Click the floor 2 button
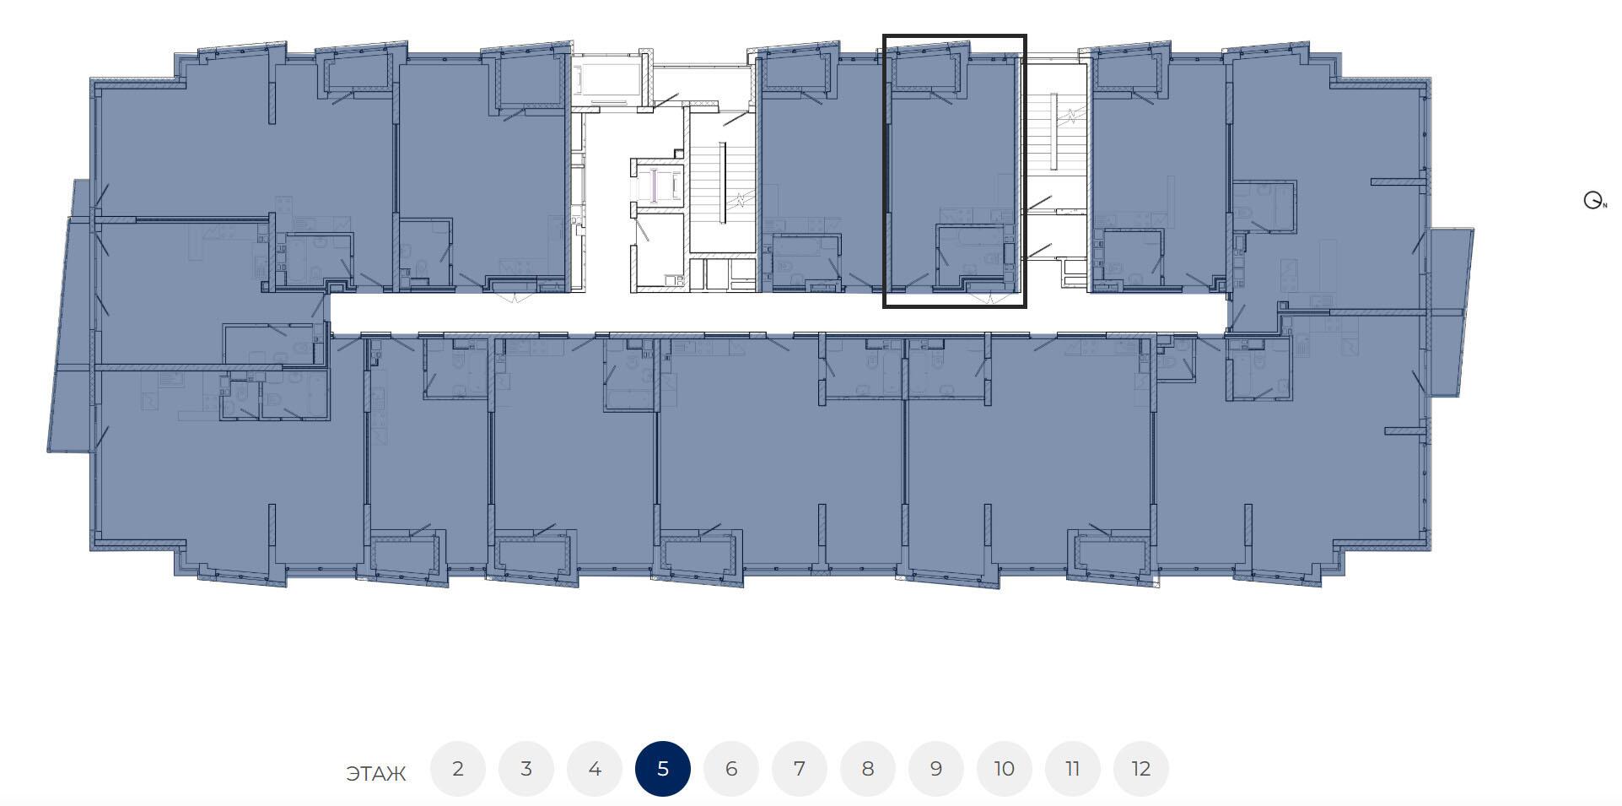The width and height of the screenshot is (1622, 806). (x=458, y=769)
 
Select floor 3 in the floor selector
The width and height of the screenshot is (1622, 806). (x=526, y=769)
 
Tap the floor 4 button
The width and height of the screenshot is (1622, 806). (x=595, y=769)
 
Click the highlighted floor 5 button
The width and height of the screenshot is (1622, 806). (x=663, y=769)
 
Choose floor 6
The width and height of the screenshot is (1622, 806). (x=731, y=769)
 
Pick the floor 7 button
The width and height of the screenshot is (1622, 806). (x=800, y=769)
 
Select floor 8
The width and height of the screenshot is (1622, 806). (x=868, y=769)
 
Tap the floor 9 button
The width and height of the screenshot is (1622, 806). (x=936, y=769)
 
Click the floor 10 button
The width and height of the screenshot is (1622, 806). (x=1005, y=769)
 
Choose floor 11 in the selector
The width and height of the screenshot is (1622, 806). (x=1073, y=769)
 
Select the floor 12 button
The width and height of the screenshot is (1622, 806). (x=1141, y=769)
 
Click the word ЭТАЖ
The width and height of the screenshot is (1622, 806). (x=376, y=773)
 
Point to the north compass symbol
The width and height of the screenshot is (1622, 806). (x=1594, y=201)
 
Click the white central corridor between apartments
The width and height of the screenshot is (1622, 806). (x=776, y=312)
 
